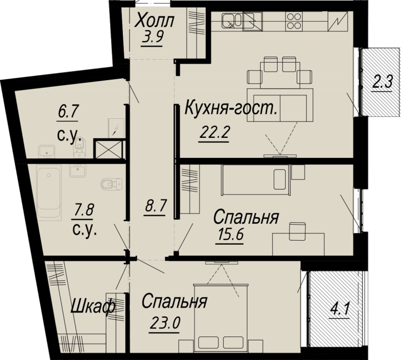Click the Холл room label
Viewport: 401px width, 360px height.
coord(154,21)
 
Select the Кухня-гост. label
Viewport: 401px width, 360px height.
coord(231,108)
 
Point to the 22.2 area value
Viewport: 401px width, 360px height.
coord(213,132)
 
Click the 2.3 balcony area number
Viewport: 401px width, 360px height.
coord(382,82)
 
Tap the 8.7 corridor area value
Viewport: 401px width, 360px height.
coord(155,206)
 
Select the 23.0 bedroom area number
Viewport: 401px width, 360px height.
coord(165,323)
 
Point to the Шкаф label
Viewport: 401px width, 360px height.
coord(93,306)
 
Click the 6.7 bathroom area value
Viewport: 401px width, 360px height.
coord(67,113)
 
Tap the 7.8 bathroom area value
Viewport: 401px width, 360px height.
coord(83,210)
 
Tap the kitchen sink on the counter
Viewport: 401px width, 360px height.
coord(232,21)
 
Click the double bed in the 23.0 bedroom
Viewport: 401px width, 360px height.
coord(221,317)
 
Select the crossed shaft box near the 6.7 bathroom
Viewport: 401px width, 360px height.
coord(108,149)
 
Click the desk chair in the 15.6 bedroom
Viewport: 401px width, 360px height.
coord(298,231)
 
